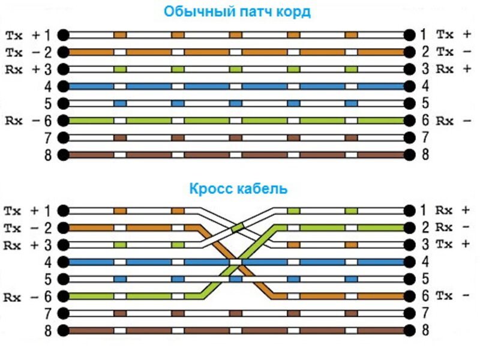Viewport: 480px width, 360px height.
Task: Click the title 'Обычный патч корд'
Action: pos(238,12)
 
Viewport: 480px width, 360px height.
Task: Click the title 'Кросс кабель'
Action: pos(238,188)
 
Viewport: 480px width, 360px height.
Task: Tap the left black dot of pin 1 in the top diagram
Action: pos(63,35)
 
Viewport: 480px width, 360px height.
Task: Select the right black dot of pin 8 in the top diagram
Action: pos(409,155)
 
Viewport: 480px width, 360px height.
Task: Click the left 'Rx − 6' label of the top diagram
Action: pos(28,121)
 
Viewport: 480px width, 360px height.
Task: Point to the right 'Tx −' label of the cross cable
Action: pos(453,296)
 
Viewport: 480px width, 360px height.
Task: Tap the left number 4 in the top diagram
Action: pos(48,86)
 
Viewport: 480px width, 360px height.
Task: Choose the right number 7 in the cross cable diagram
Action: pos(425,313)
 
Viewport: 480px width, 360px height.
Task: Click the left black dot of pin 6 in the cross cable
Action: pos(63,296)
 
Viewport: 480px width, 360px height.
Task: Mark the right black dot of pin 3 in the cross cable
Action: pos(409,245)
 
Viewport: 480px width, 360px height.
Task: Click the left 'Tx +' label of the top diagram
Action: pos(28,35)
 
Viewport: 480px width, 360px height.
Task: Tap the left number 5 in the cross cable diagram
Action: pos(48,280)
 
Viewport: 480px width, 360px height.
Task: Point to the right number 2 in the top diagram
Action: pos(425,52)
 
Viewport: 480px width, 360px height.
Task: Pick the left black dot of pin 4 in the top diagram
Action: pos(63,86)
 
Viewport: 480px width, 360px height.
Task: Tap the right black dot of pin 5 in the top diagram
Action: pos(409,104)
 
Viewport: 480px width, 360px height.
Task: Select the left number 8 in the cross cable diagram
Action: pos(48,331)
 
